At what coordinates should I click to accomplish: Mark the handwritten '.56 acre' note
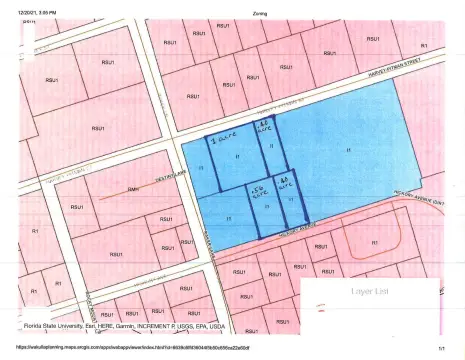click(258, 190)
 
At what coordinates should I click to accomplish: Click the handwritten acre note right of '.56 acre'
click(284, 183)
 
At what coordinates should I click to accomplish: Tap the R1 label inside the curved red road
click(374, 242)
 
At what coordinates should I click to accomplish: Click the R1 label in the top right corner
click(424, 45)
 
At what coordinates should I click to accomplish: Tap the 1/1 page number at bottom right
click(441, 348)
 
